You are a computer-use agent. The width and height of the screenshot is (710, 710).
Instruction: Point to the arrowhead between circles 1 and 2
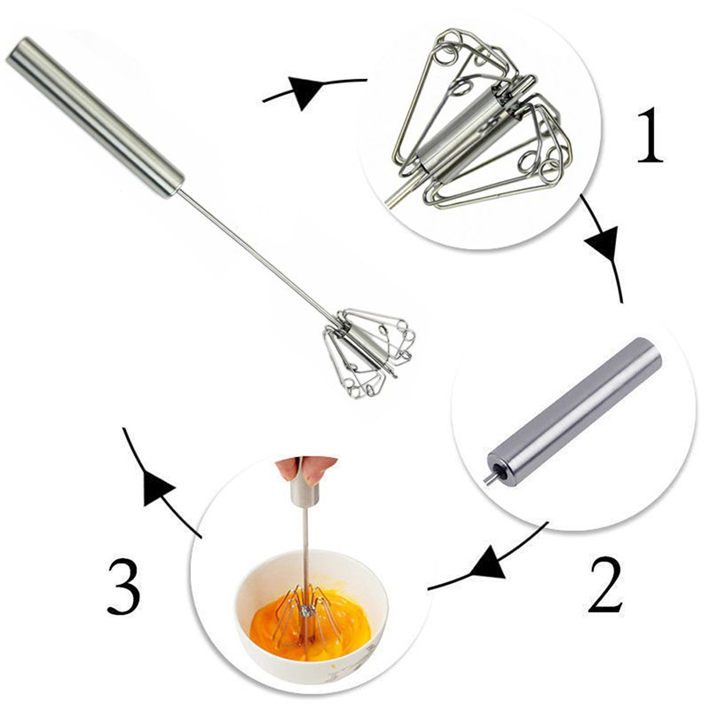tap(607, 241)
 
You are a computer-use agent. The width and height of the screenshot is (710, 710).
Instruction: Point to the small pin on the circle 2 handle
tap(488, 477)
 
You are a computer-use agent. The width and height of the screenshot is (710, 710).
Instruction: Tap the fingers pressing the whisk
tap(305, 468)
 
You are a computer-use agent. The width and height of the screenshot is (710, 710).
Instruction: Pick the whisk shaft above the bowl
tap(304, 541)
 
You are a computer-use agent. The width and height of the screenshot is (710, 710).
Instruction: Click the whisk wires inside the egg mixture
tap(306, 612)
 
